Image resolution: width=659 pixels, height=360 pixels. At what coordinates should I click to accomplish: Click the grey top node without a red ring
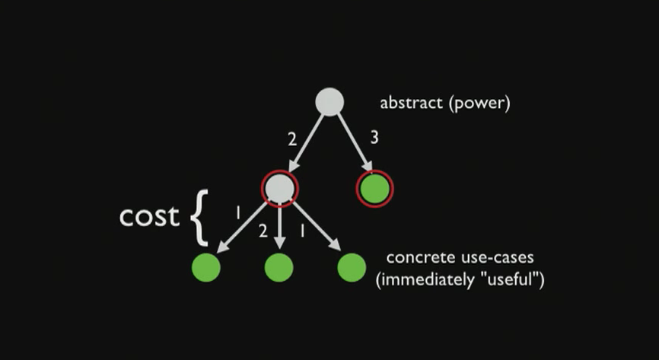tap(329, 103)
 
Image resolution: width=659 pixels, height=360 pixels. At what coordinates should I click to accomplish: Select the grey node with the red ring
tap(280, 187)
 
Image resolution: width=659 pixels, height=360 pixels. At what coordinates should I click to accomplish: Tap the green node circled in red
tap(374, 189)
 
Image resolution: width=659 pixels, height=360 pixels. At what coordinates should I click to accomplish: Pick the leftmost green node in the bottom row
tap(205, 267)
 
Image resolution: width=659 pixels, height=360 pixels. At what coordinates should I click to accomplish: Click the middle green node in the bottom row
tap(279, 267)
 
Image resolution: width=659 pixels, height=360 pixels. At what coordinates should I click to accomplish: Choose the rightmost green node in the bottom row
tap(352, 267)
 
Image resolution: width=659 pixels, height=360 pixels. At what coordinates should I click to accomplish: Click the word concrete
tap(417, 258)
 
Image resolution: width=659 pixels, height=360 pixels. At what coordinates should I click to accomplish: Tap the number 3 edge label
tap(374, 138)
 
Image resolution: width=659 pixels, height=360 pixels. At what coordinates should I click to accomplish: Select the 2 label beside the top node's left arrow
tap(291, 140)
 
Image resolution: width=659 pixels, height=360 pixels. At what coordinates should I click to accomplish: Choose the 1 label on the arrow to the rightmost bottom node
tap(302, 231)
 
